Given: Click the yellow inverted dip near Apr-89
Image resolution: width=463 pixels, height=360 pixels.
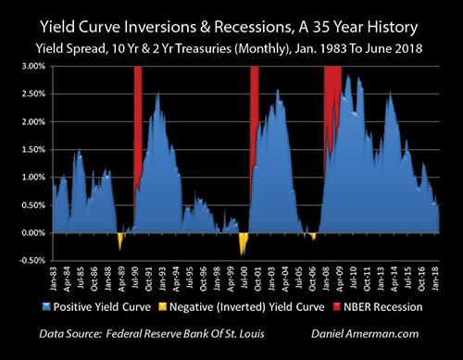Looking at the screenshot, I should (x=120, y=240).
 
